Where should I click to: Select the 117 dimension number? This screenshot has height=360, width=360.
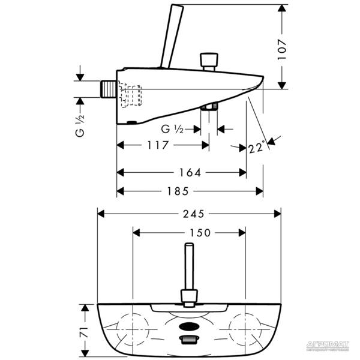[155, 145]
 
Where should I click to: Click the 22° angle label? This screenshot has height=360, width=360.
[256, 148]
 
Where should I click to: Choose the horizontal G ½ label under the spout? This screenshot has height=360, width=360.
[172, 128]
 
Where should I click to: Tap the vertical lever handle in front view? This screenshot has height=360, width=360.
[188, 270]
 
